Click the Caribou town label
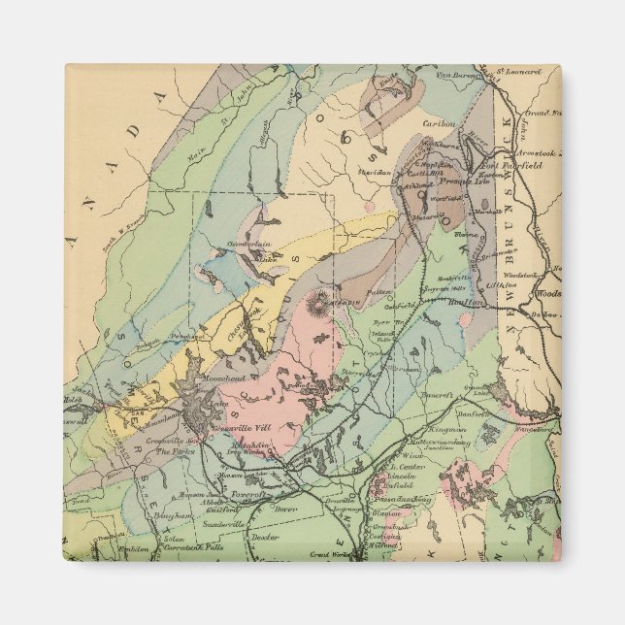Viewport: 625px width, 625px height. (439, 124)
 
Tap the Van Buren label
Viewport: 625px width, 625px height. (459, 76)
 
